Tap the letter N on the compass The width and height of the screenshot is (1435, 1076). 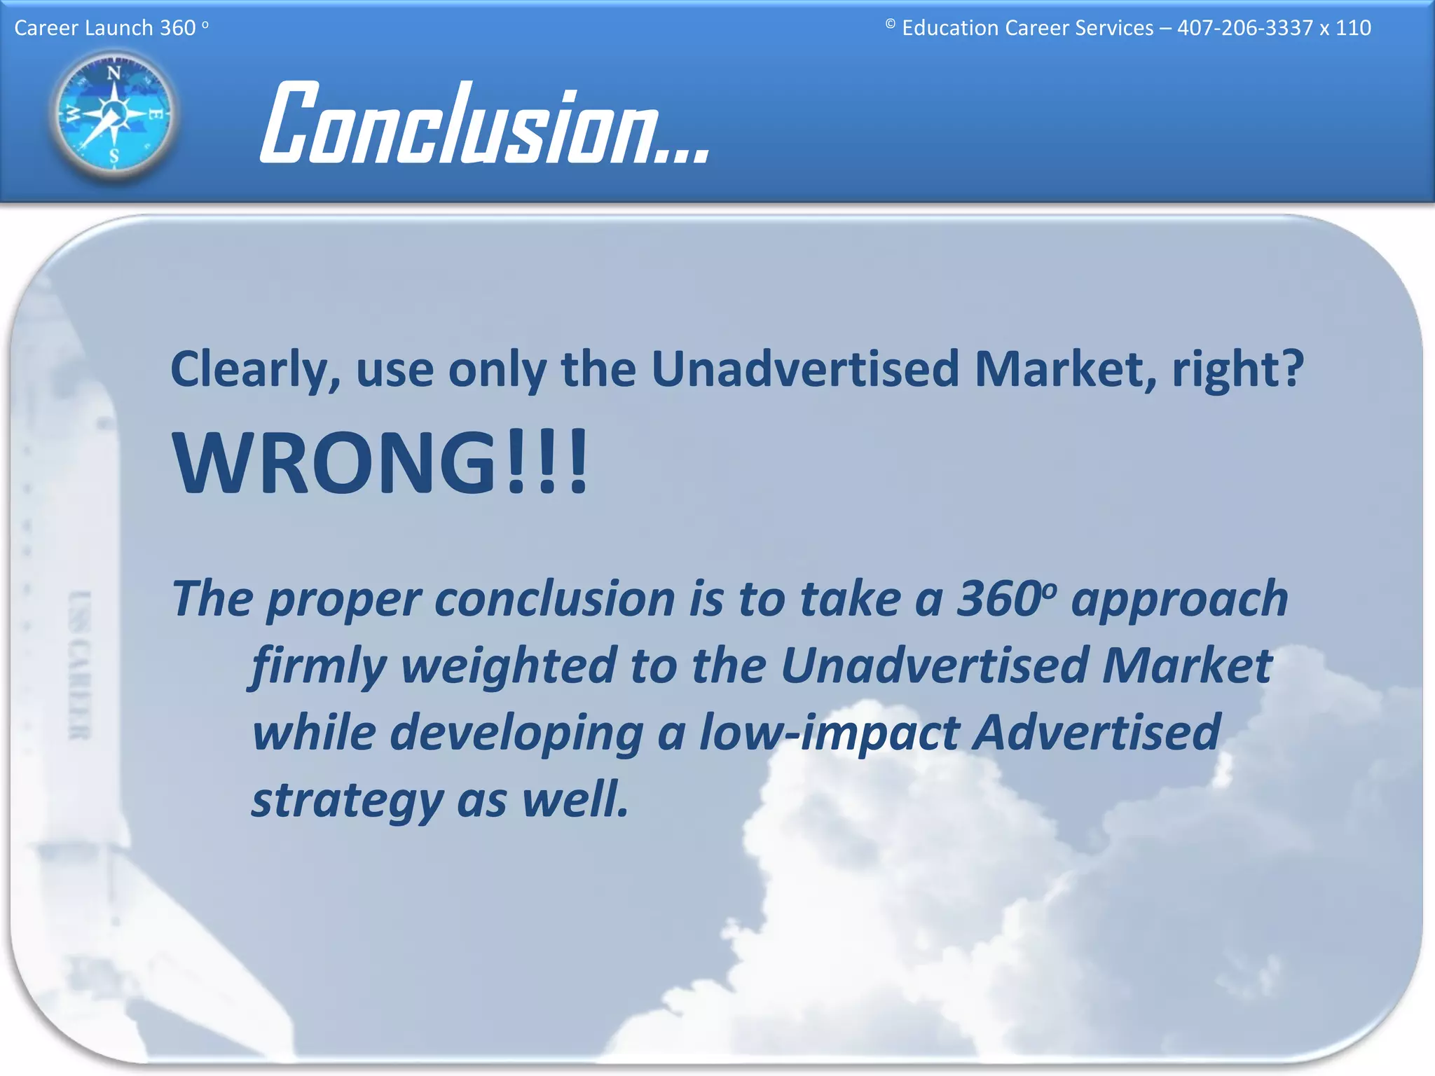pos(114,73)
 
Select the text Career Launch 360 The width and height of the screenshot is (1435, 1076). pos(105,28)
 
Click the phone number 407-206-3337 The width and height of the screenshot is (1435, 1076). pos(1244,28)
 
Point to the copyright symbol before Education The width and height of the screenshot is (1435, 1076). pos(890,25)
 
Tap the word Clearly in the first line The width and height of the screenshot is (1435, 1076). pos(255,370)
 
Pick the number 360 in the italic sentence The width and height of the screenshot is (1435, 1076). pos(998,600)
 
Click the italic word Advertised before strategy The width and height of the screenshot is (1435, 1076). pos(1097,733)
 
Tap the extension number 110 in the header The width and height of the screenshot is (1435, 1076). pos(1353,28)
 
